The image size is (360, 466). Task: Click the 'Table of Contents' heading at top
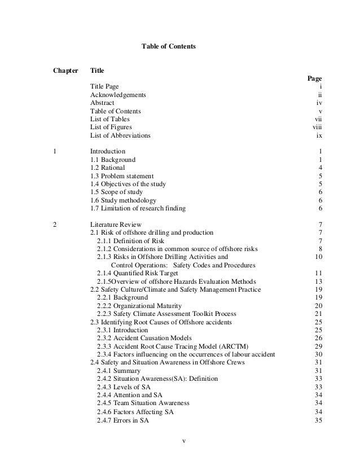point(168,44)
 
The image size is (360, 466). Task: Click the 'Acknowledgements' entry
point(118,95)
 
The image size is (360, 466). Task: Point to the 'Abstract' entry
point(102,103)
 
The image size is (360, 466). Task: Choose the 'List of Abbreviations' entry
point(120,135)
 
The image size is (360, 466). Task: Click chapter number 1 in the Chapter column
point(54,151)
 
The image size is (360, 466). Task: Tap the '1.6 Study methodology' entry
point(123,200)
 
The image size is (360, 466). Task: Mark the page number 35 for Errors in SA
point(318,420)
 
